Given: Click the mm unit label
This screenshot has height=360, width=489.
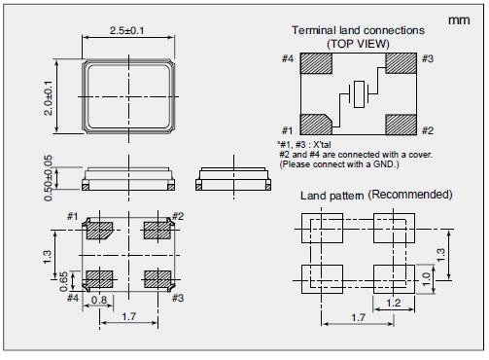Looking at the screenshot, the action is (x=459, y=20).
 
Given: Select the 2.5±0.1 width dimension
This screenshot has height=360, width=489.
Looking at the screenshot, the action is (x=127, y=30).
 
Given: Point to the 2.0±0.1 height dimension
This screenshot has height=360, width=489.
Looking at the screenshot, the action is (x=48, y=98).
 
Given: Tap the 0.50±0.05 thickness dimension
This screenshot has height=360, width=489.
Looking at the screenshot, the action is (x=48, y=178).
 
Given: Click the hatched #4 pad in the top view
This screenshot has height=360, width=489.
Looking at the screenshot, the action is (x=316, y=63).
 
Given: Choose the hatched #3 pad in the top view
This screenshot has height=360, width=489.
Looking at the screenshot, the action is (x=401, y=63).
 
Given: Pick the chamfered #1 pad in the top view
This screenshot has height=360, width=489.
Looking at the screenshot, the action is (x=316, y=125).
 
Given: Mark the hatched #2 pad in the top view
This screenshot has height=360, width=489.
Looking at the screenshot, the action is (x=401, y=125).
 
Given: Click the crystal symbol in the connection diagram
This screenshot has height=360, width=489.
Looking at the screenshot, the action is (x=359, y=94).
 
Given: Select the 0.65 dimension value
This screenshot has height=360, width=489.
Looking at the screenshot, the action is (x=64, y=281).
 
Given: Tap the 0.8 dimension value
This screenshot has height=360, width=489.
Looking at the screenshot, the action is (x=99, y=300).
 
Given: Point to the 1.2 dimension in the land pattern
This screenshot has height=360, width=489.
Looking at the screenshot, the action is (x=394, y=304).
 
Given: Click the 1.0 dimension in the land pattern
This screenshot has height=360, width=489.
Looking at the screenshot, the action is (x=426, y=278).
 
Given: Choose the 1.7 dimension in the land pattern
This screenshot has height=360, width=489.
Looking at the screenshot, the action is (x=359, y=317).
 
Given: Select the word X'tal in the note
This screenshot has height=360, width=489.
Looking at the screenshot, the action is (x=322, y=145).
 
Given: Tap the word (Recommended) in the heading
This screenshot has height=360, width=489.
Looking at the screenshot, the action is (x=409, y=195).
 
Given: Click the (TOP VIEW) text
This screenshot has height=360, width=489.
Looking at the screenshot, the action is (x=358, y=44).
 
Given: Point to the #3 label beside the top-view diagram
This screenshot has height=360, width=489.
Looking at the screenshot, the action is (x=428, y=58).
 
